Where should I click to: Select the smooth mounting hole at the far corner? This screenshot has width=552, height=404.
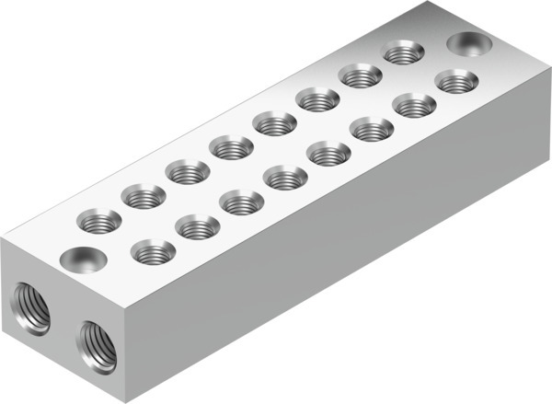pos(469,45)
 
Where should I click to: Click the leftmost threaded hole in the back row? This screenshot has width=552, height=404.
pos(98,221)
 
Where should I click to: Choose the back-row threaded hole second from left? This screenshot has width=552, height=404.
pos(144,195)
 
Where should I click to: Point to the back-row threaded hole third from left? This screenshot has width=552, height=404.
pos(188,170)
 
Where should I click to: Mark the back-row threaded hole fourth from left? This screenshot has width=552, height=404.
pos(230,145)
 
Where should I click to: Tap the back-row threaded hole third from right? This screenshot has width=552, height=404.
pos(316,98)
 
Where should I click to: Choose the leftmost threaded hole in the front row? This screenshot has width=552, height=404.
pos(153,249)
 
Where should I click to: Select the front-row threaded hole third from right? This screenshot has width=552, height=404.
pos(372,129)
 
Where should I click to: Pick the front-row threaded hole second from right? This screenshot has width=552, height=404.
pos(416,105)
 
